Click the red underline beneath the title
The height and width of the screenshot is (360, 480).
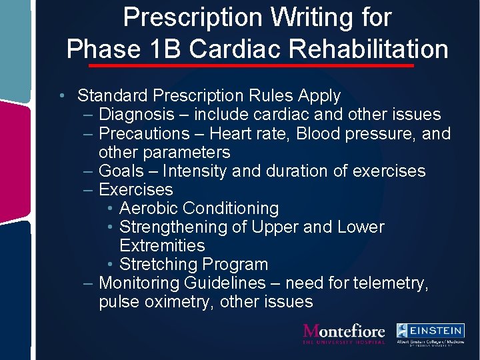pyautogui.click(x=251, y=66)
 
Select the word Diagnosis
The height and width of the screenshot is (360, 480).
pyautogui.click(x=139, y=115)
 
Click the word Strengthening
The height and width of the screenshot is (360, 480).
pyautogui.click(x=173, y=227)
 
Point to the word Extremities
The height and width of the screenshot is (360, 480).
pyautogui.click(x=162, y=245)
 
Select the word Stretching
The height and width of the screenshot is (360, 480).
pyautogui.click(x=157, y=264)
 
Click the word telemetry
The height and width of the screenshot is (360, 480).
pyautogui.click(x=386, y=283)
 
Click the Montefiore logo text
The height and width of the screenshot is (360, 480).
pyautogui.click(x=344, y=331)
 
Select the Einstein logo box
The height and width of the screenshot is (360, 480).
pyautogui.click(x=430, y=331)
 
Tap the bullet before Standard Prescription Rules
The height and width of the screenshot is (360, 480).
pyautogui.click(x=61, y=96)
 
